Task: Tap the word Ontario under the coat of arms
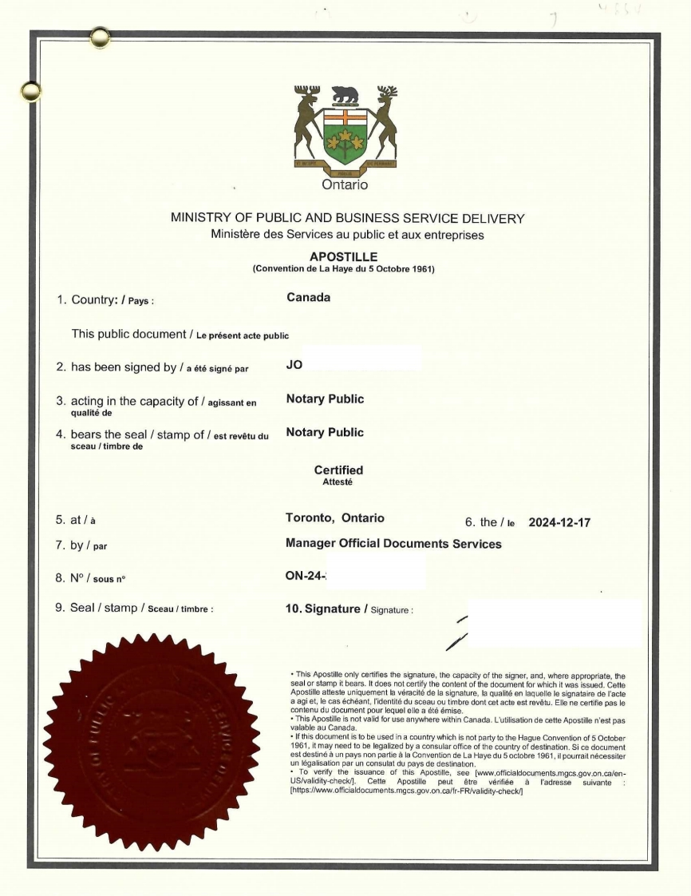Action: click(345, 185)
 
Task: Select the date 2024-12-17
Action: click(559, 523)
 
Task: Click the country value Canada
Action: click(308, 298)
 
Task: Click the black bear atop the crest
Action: click(345, 94)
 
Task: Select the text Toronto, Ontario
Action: click(334, 517)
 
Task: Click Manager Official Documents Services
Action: click(393, 544)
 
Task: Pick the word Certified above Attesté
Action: click(338, 470)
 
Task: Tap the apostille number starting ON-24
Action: click(308, 576)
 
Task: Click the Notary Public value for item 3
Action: click(324, 398)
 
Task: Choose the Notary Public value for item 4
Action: click(324, 432)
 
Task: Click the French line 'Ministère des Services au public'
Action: click(347, 235)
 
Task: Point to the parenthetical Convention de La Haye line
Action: click(343, 268)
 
